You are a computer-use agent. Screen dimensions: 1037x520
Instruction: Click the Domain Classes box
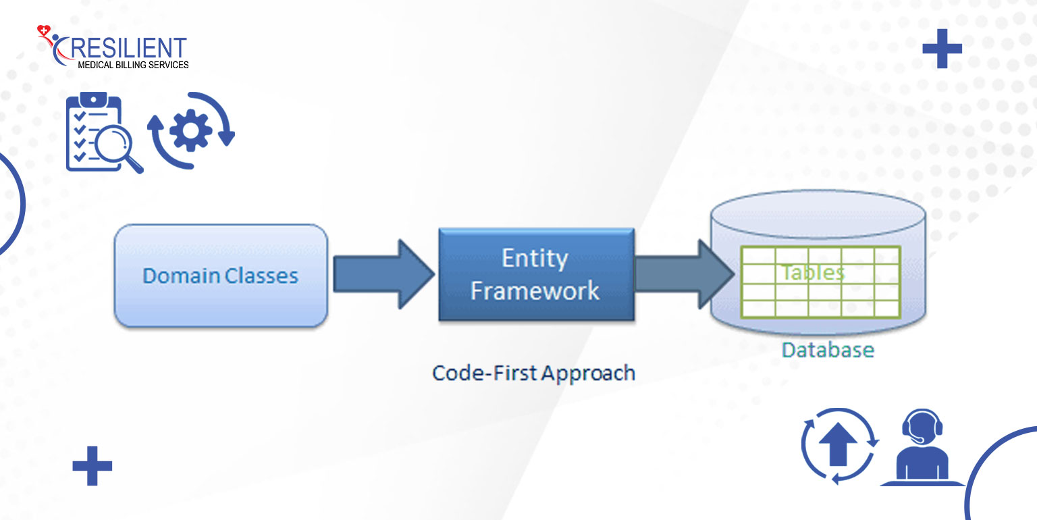click(221, 276)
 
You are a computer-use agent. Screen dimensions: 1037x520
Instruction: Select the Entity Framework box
click(536, 274)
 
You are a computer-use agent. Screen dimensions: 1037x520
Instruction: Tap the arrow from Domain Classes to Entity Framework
click(383, 274)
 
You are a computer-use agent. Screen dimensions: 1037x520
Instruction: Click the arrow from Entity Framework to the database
click(684, 274)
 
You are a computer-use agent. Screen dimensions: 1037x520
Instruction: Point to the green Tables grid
click(820, 282)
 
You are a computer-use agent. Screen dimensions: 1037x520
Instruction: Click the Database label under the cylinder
click(828, 350)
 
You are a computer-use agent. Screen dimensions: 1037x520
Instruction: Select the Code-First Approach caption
click(533, 373)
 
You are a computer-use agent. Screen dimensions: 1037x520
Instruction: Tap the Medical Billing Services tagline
click(133, 66)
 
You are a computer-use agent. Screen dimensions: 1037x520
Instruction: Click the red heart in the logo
click(43, 30)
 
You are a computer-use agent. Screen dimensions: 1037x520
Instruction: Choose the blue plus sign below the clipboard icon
click(92, 466)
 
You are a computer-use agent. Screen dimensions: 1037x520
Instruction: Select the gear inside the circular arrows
click(191, 130)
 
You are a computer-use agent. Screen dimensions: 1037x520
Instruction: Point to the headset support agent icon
click(922, 447)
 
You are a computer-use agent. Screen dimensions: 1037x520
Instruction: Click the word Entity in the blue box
click(535, 259)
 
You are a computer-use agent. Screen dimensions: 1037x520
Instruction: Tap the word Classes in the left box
click(261, 276)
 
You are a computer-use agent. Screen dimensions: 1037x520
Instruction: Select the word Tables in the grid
click(813, 272)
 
